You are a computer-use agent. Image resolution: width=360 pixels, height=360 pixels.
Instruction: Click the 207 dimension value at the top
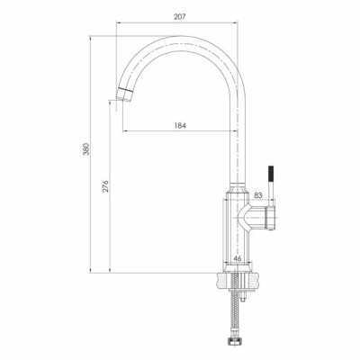point(180,17)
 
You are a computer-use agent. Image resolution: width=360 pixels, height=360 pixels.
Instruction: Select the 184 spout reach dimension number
point(180,125)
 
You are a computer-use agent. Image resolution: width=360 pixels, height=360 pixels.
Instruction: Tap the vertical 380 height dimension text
point(86,149)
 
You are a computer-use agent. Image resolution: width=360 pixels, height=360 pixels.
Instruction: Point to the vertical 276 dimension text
point(105,186)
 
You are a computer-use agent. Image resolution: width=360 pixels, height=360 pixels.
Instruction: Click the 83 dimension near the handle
point(258,195)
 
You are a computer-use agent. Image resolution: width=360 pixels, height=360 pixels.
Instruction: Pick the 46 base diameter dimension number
point(238,257)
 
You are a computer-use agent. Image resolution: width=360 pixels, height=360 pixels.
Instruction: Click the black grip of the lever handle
point(271,175)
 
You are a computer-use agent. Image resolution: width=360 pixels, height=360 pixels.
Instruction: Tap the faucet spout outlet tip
point(124,94)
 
